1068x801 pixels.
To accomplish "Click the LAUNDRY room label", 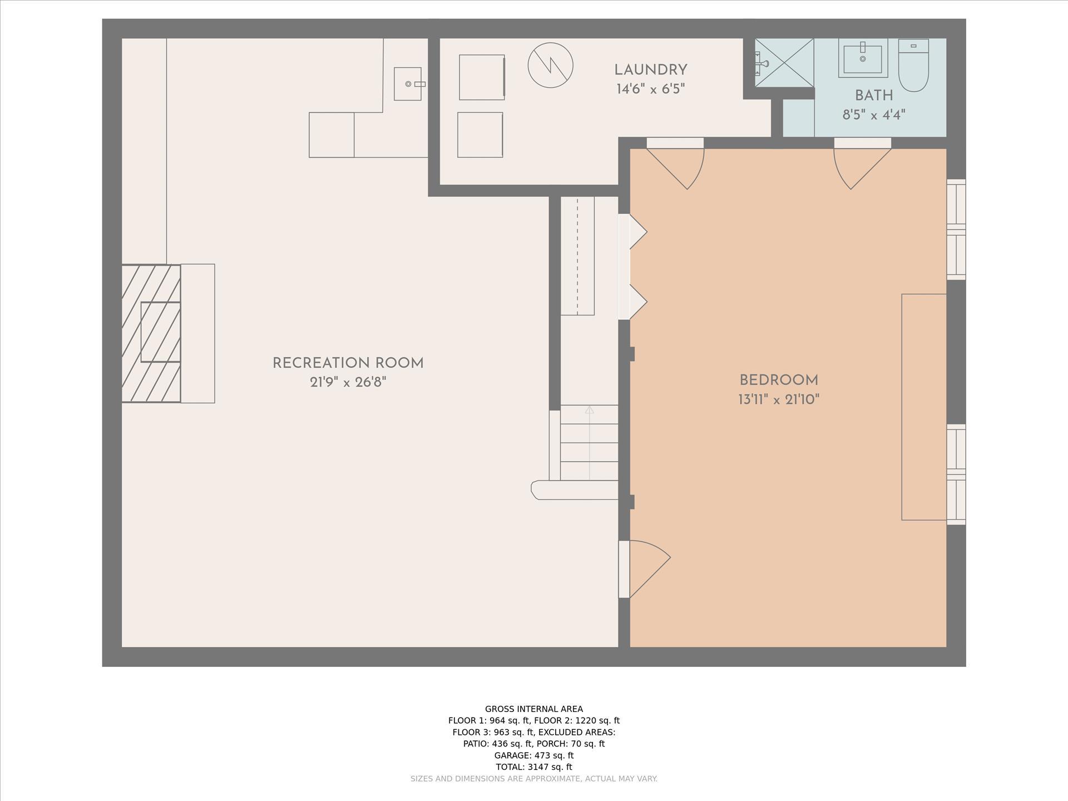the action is (x=650, y=70).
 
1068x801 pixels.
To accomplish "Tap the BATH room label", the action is (x=874, y=96).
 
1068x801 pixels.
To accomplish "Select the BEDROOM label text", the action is (x=779, y=380).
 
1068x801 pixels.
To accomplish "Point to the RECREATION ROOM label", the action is (x=348, y=363).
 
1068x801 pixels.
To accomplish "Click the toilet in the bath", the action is (x=913, y=65).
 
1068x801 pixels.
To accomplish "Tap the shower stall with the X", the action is (x=784, y=62).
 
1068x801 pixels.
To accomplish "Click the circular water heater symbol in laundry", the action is (x=550, y=65).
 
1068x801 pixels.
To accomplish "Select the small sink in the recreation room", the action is (x=408, y=84).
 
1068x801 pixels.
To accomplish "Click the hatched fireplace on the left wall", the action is (x=151, y=333).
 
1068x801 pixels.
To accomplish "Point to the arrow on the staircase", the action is (x=590, y=443).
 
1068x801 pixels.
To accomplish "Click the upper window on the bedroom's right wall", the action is (x=956, y=229).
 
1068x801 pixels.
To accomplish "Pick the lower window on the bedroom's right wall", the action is (x=956, y=474).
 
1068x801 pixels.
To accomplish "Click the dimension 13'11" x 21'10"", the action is (x=779, y=399).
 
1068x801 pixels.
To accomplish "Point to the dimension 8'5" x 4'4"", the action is (x=874, y=115).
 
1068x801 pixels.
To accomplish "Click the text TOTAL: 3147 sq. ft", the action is (x=534, y=767).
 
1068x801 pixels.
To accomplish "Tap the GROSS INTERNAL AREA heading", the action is (x=534, y=709).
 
